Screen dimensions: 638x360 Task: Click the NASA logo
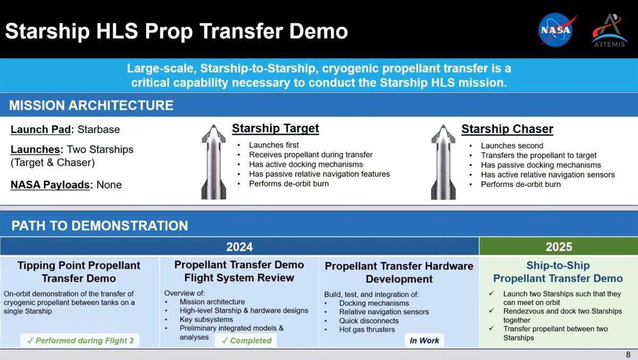click(x=556, y=30)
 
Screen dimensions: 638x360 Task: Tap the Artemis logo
click(x=609, y=30)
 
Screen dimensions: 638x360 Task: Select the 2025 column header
click(x=559, y=247)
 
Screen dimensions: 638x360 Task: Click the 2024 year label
click(x=239, y=247)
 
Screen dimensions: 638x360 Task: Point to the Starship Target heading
click(x=275, y=128)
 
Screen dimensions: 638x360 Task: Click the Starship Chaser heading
click(x=507, y=129)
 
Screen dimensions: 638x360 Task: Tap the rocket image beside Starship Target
click(x=214, y=162)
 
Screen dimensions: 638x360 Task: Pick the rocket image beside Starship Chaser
click(x=443, y=162)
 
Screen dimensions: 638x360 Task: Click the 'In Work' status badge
click(x=424, y=340)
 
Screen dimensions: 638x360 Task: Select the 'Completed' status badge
click(x=246, y=340)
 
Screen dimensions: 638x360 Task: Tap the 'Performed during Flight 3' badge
click(x=80, y=340)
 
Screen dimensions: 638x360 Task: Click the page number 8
click(x=628, y=355)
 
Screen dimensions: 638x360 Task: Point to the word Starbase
click(x=98, y=130)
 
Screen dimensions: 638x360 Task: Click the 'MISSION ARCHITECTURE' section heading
click(x=91, y=105)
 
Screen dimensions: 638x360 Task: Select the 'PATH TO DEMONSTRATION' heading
click(x=100, y=225)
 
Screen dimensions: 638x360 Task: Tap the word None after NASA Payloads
click(x=109, y=185)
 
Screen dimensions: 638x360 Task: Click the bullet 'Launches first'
click(x=274, y=145)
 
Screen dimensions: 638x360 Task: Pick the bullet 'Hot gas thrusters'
click(x=367, y=330)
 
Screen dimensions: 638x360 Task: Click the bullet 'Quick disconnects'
click(x=369, y=321)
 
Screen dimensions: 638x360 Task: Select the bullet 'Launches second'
click(x=512, y=146)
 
